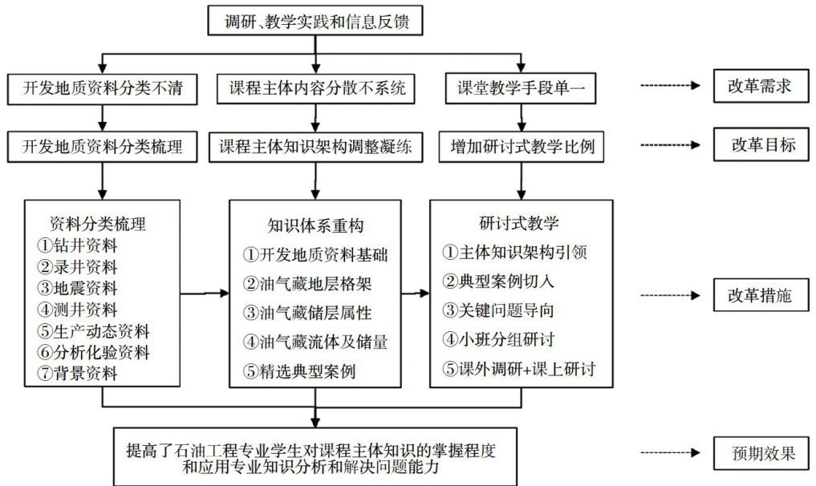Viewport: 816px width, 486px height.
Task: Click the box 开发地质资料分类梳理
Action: tap(102, 147)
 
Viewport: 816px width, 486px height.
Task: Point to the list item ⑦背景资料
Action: tap(78, 373)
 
